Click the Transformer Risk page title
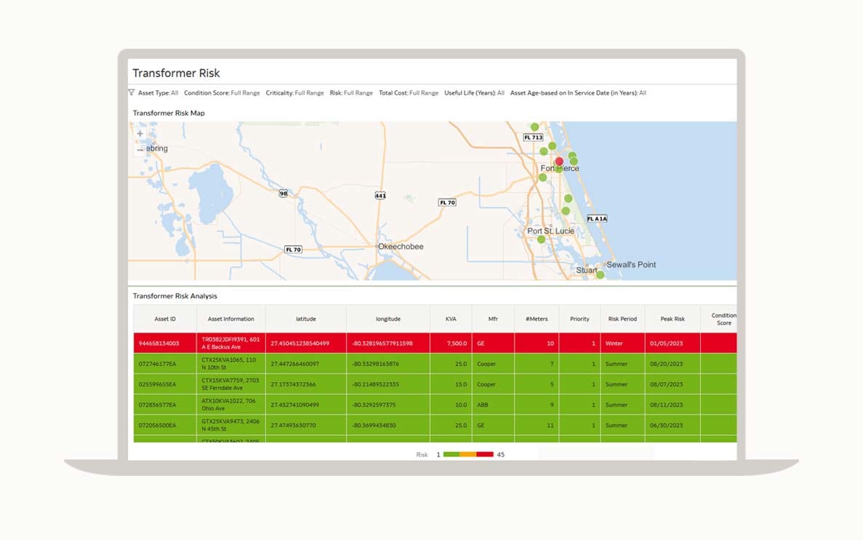[x=176, y=73]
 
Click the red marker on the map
[x=559, y=162]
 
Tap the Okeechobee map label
[x=401, y=247]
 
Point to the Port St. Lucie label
[x=550, y=231]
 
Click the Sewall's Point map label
[x=631, y=264]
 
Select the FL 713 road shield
[x=533, y=137]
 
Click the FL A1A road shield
[x=596, y=218]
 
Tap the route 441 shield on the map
[x=380, y=196]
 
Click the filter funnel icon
[x=132, y=92]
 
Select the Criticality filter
[x=294, y=93]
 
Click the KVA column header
[x=451, y=319]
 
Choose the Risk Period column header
[x=622, y=319]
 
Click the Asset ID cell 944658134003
[x=158, y=344]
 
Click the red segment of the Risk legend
[x=485, y=454]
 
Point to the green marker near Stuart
[x=600, y=274]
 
